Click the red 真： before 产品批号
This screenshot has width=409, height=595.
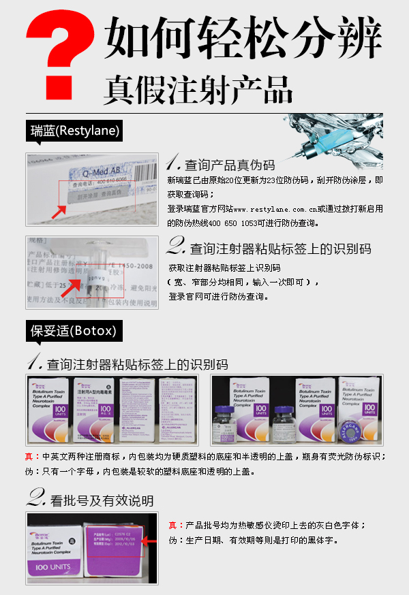pos(175,526)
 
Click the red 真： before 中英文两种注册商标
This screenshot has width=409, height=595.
pos(32,456)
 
